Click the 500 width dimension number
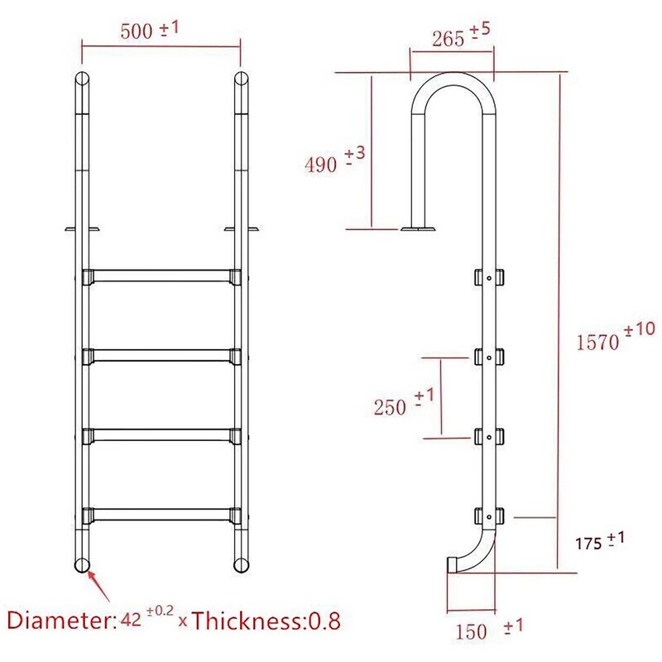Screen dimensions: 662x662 pyautogui.click(x=136, y=31)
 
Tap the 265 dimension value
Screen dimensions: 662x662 pyautogui.click(x=448, y=39)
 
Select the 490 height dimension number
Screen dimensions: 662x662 pyautogui.click(x=321, y=164)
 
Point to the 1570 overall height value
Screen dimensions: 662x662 pyautogui.click(x=597, y=342)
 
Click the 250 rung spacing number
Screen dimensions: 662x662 pyautogui.click(x=390, y=407)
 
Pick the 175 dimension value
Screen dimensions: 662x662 pyautogui.click(x=588, y=544)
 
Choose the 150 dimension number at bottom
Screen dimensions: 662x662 pyautogui.click(x=471, y=631)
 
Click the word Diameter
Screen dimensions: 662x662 pyautogui.click(x=60, y=621)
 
